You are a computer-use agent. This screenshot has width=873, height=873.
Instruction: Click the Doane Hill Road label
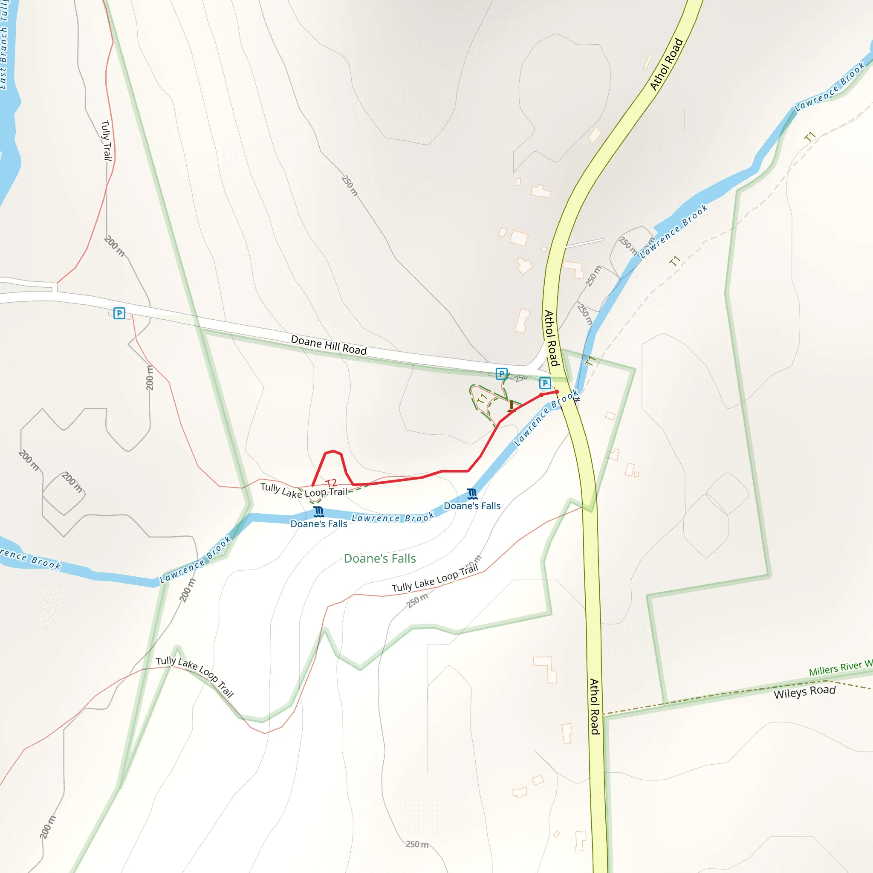pos(329,345)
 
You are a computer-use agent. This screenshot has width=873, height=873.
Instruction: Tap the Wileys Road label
pos(805,692)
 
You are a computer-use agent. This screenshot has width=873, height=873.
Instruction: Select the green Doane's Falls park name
pos(379,558)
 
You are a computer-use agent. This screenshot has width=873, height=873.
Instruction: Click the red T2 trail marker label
pos(331,483)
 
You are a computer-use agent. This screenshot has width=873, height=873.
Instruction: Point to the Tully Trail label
pos(106,140)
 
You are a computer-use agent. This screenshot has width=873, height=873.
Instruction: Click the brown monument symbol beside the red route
pos(511,406)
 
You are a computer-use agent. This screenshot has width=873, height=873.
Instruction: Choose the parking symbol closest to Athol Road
pos(545,383)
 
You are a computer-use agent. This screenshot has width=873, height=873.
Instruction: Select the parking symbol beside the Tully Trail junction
pos(119,313)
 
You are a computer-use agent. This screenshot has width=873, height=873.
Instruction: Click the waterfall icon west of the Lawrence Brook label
pos(319,512)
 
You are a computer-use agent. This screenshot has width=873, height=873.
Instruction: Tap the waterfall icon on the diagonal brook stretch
pos(472,494)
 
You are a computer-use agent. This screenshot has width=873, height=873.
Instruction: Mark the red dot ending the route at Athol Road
pos(557,392)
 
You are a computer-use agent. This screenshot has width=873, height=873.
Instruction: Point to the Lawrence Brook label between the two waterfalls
pos(393,518)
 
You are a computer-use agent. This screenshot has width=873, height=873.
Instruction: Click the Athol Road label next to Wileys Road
pos(594,707)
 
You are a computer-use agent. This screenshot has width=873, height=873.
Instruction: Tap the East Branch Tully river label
pos(5,45)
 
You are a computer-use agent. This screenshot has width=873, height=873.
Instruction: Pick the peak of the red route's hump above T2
pos(333,451)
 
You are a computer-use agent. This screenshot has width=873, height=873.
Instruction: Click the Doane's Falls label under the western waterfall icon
pos(318,524)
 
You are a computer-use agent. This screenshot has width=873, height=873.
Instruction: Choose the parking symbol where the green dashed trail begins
pos(502,374)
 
